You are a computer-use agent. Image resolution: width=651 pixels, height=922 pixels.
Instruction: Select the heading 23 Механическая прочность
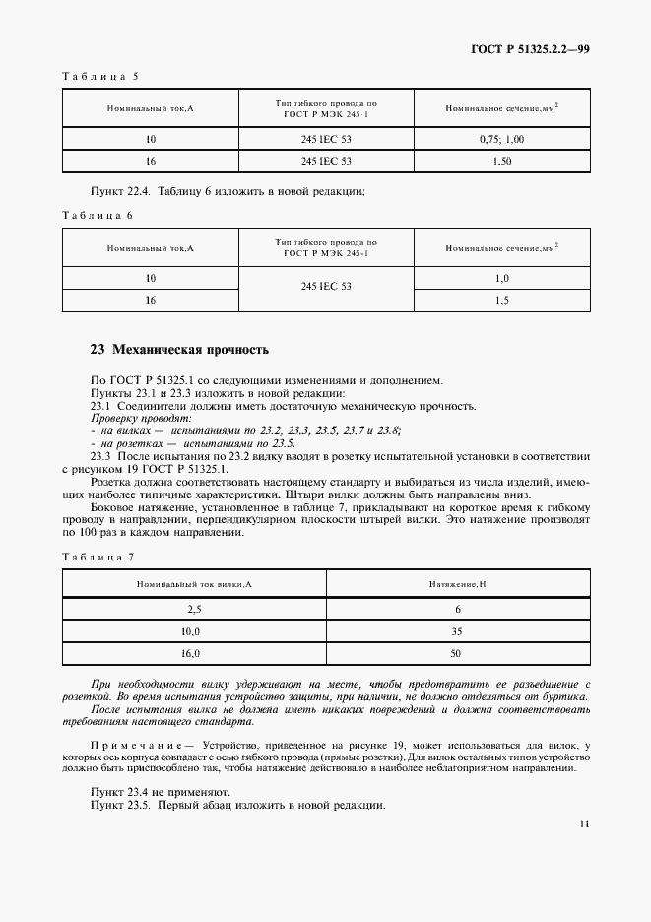click(x=178, y=349)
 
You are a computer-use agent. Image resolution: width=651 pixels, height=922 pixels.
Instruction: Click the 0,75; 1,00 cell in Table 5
click(x=502, y=139)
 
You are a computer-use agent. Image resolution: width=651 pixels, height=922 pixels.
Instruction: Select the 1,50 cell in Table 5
click(x=502, y=161)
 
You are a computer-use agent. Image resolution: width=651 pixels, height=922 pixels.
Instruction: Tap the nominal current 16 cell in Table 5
click(x=151, y=161)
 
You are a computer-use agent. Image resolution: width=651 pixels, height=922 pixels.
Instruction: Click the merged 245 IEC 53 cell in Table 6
click(x=326, y=287)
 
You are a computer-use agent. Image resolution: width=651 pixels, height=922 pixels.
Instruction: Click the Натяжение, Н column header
click(x=457, y=585)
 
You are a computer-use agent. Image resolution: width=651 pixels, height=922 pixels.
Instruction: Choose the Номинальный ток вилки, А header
click(x=194, y=585)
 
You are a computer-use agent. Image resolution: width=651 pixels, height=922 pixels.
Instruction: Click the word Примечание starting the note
click(x=140, y=747)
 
